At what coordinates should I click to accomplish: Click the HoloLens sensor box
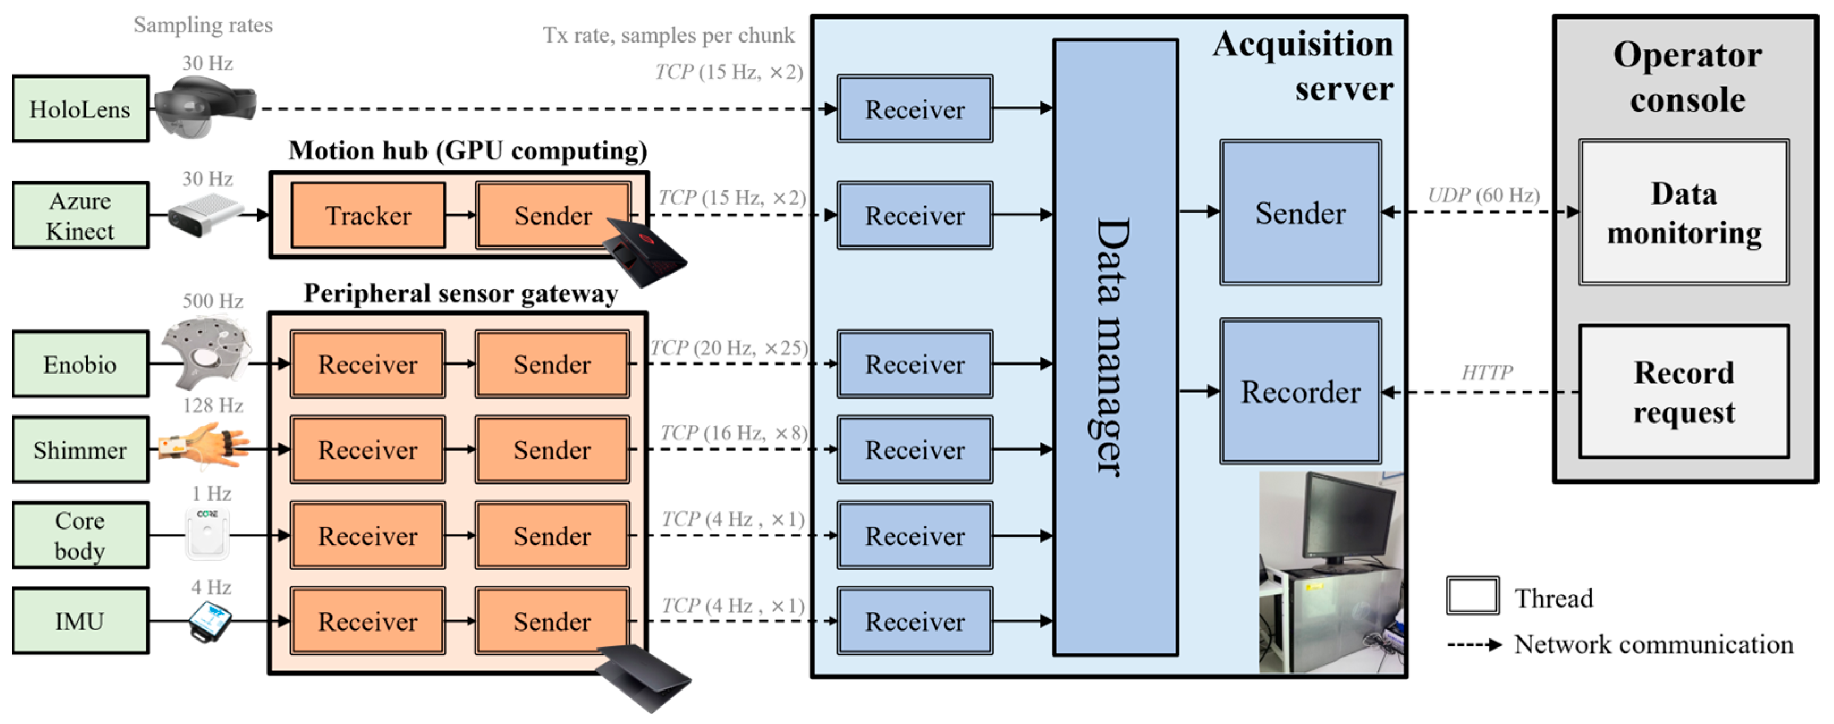tap(81, 109)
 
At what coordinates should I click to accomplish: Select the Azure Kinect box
tap(81, 215)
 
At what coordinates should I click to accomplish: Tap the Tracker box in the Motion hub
tap(368, 215)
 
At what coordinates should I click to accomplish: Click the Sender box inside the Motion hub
tap(553, 215)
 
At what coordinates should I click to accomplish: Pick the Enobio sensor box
tap(81, 364)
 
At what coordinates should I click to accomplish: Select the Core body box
tap(81, 535)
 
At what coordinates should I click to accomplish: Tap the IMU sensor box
tap(81, 621)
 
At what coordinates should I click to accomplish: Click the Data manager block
tap(1116, 348)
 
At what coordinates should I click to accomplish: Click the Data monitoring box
tap(1684, 212)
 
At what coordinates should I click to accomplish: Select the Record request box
tap(1684, 392)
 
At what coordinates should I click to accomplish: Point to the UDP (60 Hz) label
tap(1484, 194)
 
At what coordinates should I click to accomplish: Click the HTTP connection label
tap(1486, 372)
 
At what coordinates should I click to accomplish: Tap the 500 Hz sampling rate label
tap(213, 300)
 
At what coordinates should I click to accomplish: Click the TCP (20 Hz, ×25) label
tap(730, 348)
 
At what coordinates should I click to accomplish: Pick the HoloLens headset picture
tap(205, 107)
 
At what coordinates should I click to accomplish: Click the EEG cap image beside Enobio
tap(206, 353)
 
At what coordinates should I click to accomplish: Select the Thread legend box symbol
tap(1472, 596)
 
